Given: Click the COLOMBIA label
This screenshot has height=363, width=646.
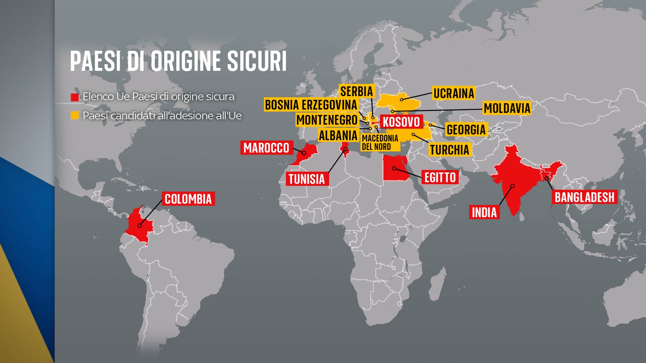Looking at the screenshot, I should point(188,199).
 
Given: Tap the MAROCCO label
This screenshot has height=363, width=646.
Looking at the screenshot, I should point(266,148).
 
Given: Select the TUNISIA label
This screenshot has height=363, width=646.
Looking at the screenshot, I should point(307,179).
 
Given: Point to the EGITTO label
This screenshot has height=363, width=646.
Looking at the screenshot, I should point(440,177).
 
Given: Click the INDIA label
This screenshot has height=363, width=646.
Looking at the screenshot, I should point(484,212).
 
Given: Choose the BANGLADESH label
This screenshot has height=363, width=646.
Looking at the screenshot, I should point(584,197).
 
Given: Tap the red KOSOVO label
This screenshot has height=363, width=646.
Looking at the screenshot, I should point(401,122).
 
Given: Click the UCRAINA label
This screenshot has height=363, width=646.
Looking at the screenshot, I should point(454,93).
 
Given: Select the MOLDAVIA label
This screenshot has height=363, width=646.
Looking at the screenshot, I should point(507,108).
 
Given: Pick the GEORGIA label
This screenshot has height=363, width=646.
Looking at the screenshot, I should point(466,129).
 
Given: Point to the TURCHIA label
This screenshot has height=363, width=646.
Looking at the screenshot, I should point(450,150).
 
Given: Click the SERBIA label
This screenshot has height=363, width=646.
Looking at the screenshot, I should point(356,91).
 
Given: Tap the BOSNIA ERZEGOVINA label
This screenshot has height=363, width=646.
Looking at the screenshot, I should point(311,105).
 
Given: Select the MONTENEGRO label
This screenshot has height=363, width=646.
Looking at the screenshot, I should point(327,120).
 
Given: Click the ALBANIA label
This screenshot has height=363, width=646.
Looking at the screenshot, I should point(338,135).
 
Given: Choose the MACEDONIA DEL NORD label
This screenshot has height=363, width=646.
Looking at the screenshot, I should point(380,142).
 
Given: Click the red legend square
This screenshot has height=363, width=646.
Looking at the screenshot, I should point(75,97).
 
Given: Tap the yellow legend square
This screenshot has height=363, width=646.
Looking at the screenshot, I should point(75,116).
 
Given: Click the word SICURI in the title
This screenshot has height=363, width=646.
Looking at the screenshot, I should point(257,61).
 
